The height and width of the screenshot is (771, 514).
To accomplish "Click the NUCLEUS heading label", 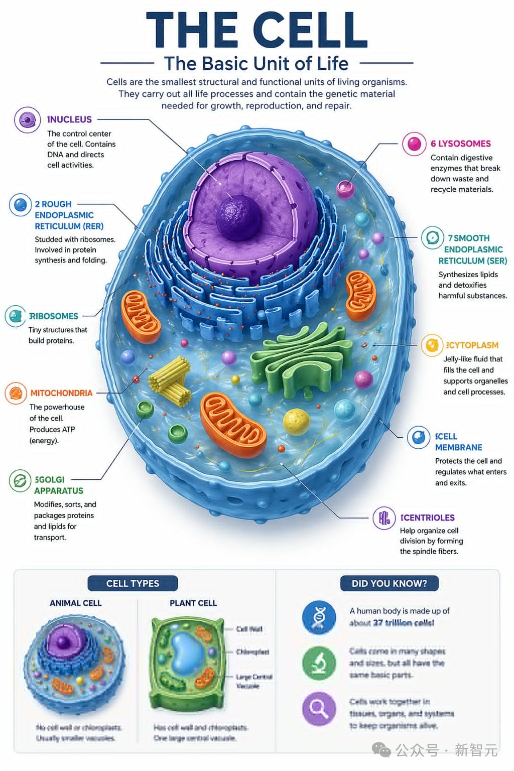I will pyautogui.click(x=70, y=119).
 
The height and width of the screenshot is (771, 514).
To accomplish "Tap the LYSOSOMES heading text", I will pyautogui.click(x=461, y=144).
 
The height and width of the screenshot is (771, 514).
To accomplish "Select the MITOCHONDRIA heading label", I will pyautogui.click(x=61, y=393).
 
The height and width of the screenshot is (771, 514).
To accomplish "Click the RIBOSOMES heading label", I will pyautogui.click(x=53, y=316).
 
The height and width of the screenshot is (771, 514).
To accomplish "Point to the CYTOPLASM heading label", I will pyautogui.click(x=472, y=345).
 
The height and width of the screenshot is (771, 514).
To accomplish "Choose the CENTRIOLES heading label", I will pyautogui.click(x=428, y=518).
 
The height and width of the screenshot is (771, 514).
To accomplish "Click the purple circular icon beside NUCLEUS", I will pyautogui.click(x=27, y=120).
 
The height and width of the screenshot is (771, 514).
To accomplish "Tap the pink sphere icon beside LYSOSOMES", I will pyautogui.click(x=414, y=144).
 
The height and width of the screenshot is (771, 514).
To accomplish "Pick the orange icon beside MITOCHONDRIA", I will pyautogui.click(x=16, y=394).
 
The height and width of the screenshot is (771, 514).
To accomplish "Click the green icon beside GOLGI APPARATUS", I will pyautogui.click(x=20, y=481).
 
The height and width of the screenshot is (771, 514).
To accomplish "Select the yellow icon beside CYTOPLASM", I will pyautogui.click(x=432, y=345).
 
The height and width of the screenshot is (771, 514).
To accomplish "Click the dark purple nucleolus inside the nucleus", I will pyautogui.click(x=238, y=216).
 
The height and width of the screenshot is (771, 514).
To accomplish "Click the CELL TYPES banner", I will pyautogui.click(x=133, y=583).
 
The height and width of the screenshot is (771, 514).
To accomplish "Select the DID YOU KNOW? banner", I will pyautogui.click(x=389, y=583).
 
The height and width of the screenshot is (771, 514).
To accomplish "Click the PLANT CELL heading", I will pyautogui.click(x=193, y=603).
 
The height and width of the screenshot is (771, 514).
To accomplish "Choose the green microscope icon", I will pyautogui.click(x=319, y=662).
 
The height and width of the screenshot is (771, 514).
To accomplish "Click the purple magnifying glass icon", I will pyautogui.click(x=319, y=708).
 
